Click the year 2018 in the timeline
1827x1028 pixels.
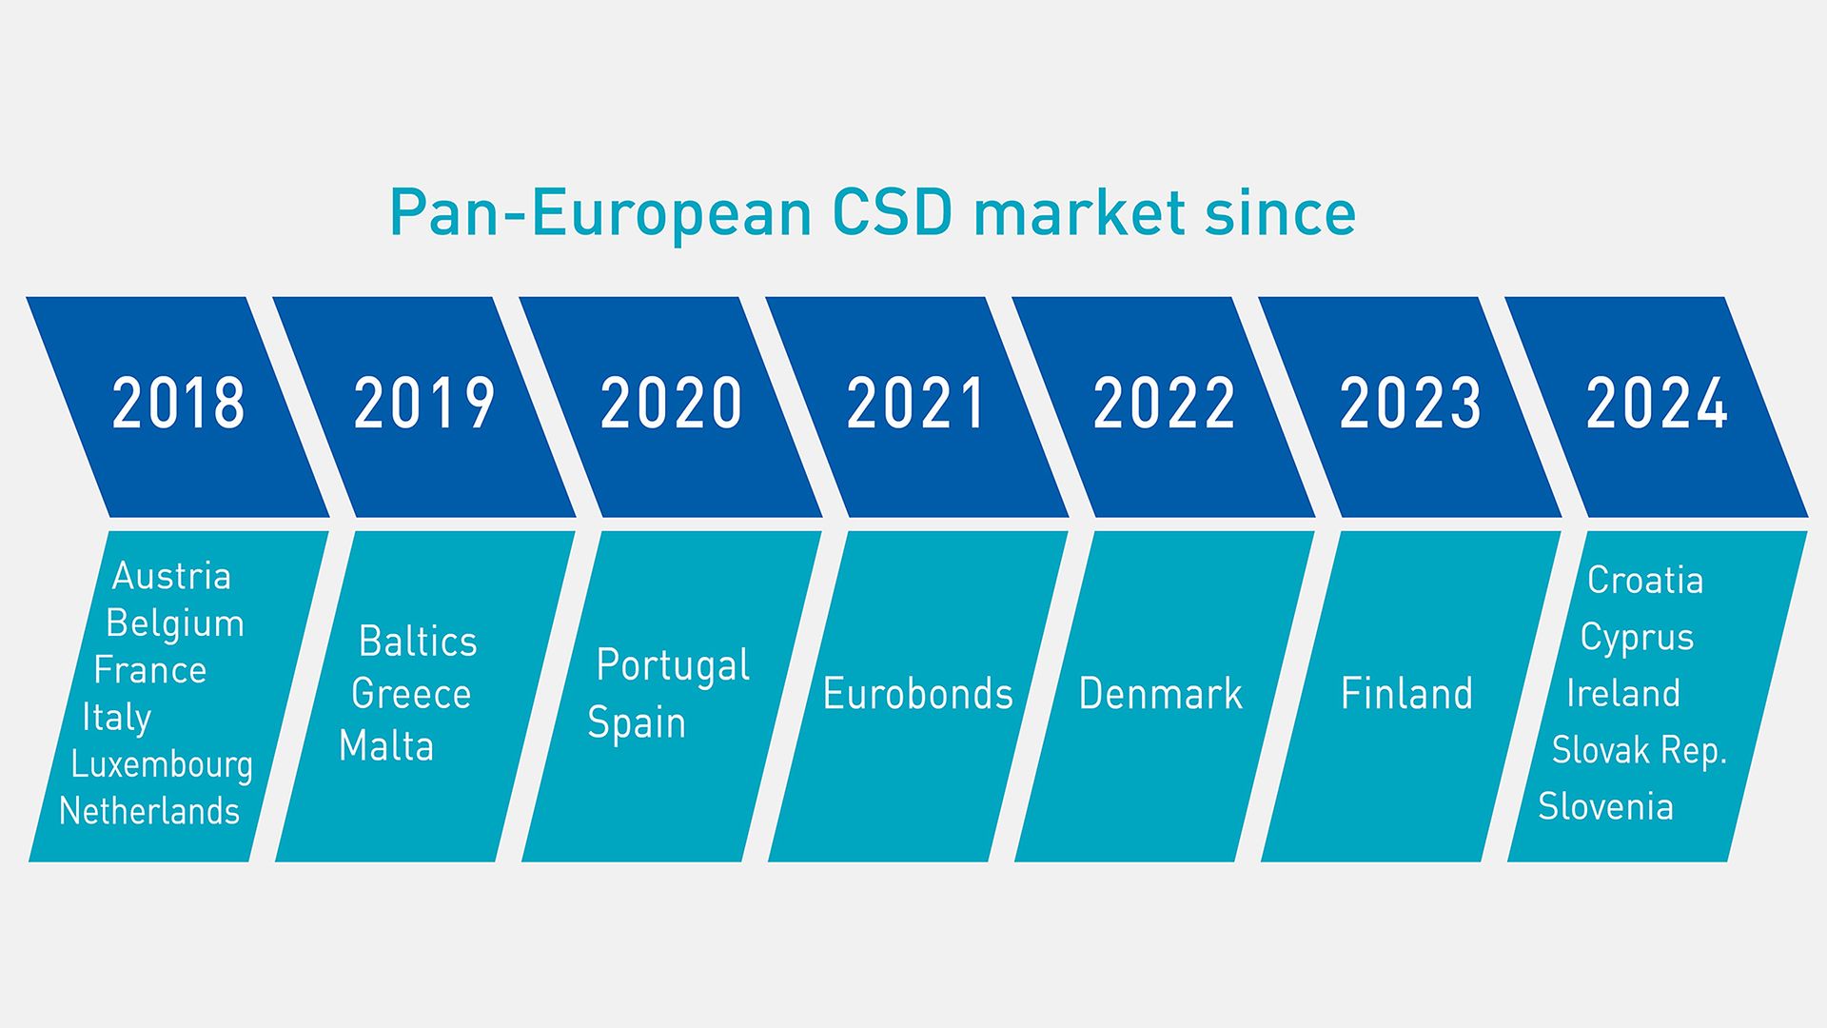pos(178,404)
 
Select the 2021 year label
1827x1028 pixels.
pos(915,404)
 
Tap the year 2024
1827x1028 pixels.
pos(1656,404)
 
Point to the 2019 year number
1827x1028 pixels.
pos(424,404)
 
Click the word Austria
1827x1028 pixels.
pos(171,577)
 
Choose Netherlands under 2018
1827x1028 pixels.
pos(149,812)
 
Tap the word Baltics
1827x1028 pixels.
pos(418,642)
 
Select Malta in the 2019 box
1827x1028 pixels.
pos(386,746)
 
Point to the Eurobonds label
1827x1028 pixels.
pos(917,694)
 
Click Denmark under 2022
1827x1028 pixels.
pos(1160,694)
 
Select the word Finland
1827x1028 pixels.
pos(1406,694)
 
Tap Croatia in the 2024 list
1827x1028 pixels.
pos(1645,581)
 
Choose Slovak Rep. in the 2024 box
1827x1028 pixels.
pos(1639,751)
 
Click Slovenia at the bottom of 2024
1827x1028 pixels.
pos(1605,807)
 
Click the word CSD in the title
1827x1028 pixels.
pos(892,213)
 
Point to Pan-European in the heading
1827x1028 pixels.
pos(600,213)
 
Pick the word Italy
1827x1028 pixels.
pos(117,719)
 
